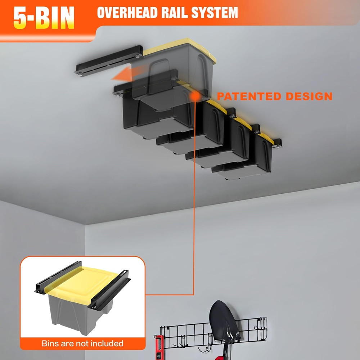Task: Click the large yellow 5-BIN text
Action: pyautogui.click(x=44, y=18)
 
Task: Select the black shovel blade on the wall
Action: pyautogui.click(x=223, y=321)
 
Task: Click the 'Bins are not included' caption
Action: pyautogui.click(x=82, y=343)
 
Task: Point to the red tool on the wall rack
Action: pyautogui.click(x=159, y=347)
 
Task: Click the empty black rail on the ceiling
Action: pyautogui.click(x=108, y=59)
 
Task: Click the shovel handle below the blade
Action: pyautogui.click(x=226, y=351)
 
